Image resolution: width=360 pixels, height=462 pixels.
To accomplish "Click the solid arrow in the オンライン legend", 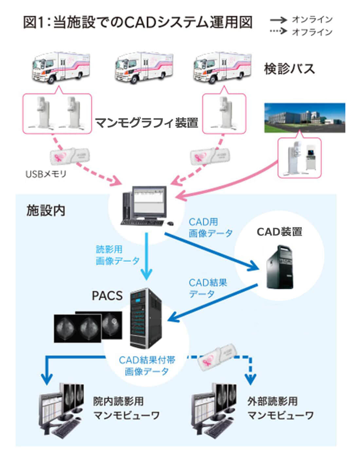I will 278,20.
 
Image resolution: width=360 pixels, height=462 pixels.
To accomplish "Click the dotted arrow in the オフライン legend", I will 278,32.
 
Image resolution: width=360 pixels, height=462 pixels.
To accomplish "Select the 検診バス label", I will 289,69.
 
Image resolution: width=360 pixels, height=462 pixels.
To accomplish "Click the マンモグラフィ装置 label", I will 147,123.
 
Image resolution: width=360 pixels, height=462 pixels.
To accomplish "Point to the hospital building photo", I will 304,118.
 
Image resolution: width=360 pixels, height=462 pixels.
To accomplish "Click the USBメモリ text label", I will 46,174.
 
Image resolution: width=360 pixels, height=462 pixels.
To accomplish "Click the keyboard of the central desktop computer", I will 143,222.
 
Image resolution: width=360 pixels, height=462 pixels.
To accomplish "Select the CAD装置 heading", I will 279,232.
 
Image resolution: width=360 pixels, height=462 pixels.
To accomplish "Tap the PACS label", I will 107,296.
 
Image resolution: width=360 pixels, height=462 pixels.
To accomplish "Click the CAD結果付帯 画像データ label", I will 147,366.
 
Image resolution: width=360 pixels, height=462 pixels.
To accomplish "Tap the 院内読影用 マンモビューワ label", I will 126,408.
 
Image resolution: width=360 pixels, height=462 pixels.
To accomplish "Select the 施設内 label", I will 46,211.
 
